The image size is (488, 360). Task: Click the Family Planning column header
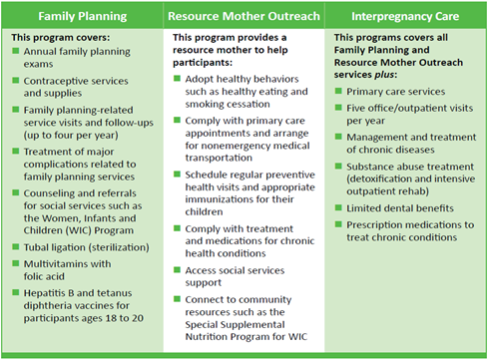click(82, 16)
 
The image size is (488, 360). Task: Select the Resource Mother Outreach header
click(243, 16)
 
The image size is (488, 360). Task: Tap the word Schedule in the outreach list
click(210, 175)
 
